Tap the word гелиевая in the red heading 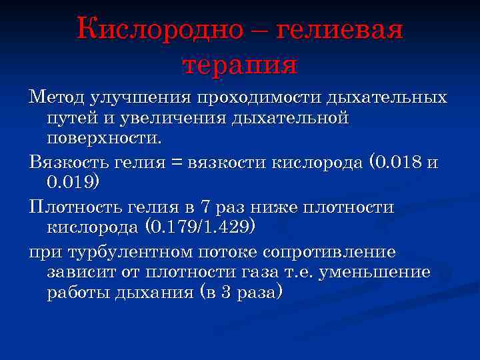[339, 30]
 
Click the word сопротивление [329, 252]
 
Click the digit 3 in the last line [225, 293]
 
